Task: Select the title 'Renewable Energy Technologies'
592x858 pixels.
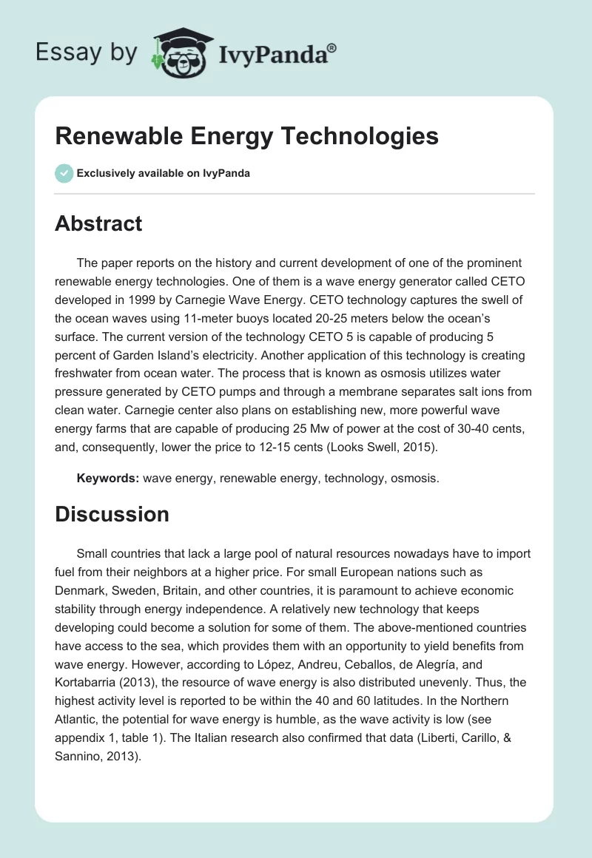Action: [x=246, y=136]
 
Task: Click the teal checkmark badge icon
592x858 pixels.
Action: [x=64, y=173]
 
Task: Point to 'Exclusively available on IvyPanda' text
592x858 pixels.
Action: [x=164, y=174]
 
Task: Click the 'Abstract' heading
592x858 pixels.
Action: [x=98, y=224]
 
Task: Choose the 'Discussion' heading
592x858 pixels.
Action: [x=112, y=514]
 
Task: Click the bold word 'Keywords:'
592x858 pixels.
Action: [x=108, y=478]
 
